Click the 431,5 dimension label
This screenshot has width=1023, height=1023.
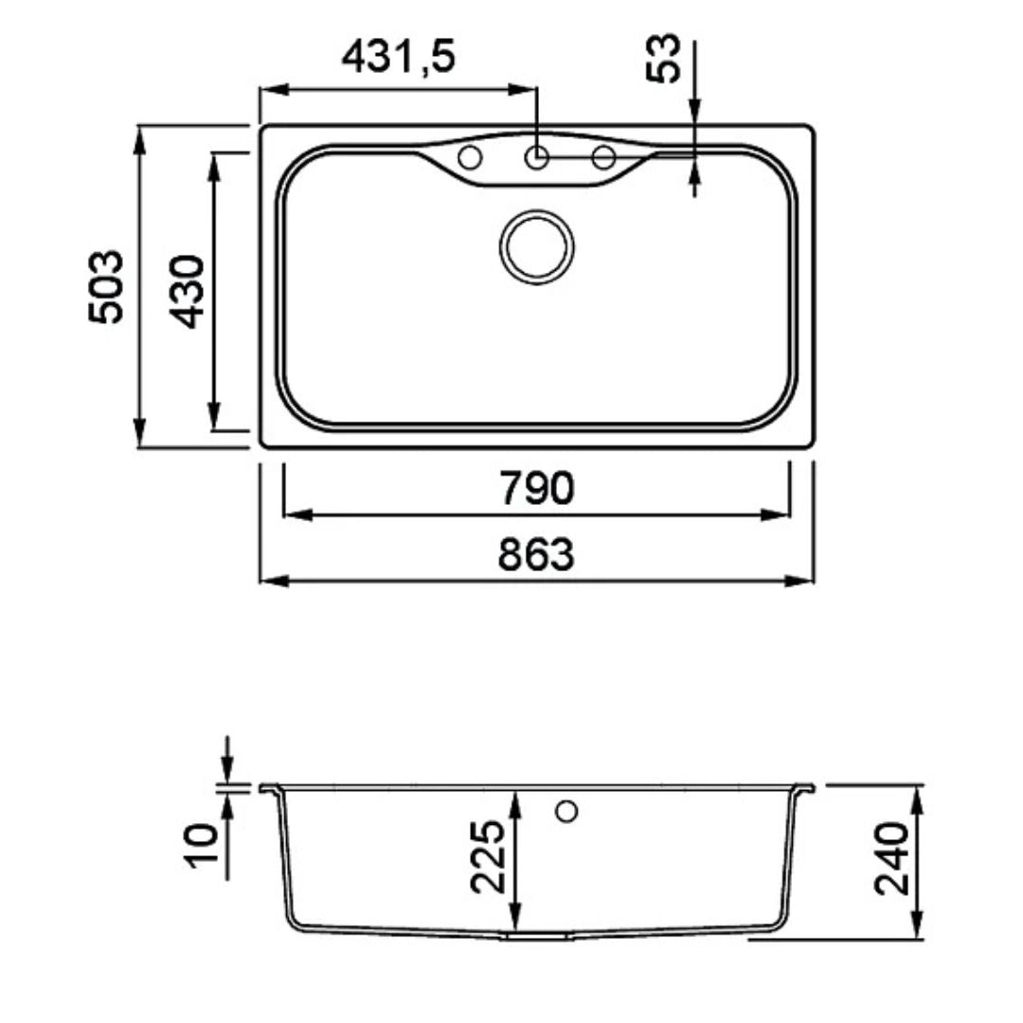(398, 57)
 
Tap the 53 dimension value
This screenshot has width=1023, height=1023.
(663, 58)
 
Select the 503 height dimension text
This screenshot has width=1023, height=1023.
(106, 286)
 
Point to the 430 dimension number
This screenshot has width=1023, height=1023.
(188, 292)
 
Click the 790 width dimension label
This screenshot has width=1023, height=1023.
(537, 488)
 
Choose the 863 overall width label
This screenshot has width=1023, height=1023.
(536, 554)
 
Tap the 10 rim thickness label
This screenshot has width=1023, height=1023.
(203, 845)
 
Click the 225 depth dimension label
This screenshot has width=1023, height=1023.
(488, 856)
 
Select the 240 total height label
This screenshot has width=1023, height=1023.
(891, 858)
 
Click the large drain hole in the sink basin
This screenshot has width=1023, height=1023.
(537, 247)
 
